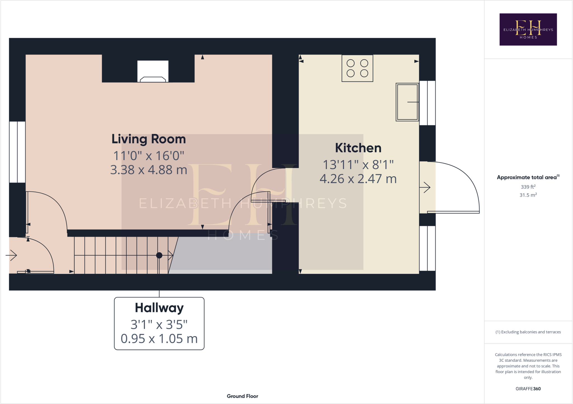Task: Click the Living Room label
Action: (149, 139)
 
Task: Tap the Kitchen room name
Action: (358, 148)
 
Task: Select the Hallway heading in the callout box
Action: (159, 308)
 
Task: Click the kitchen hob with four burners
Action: (357, 68)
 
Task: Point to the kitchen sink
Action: (407, 102)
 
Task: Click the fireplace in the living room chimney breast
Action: (153, 72)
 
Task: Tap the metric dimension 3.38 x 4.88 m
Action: (149, 170)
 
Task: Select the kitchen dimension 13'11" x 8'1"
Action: (358, 165)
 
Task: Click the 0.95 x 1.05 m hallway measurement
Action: (159, 339)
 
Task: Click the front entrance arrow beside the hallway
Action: (11, 255)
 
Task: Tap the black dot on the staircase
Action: (159, 255)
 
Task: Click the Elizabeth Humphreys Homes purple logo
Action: (528, 29)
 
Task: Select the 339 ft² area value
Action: (528, 187)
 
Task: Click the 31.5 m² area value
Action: (528, 195)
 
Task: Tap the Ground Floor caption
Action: (242, 396)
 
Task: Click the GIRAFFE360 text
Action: (528, 389)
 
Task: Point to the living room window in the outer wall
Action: (17, 152)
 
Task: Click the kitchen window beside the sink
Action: (427, 103)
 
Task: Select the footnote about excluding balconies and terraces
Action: (528, 332)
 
